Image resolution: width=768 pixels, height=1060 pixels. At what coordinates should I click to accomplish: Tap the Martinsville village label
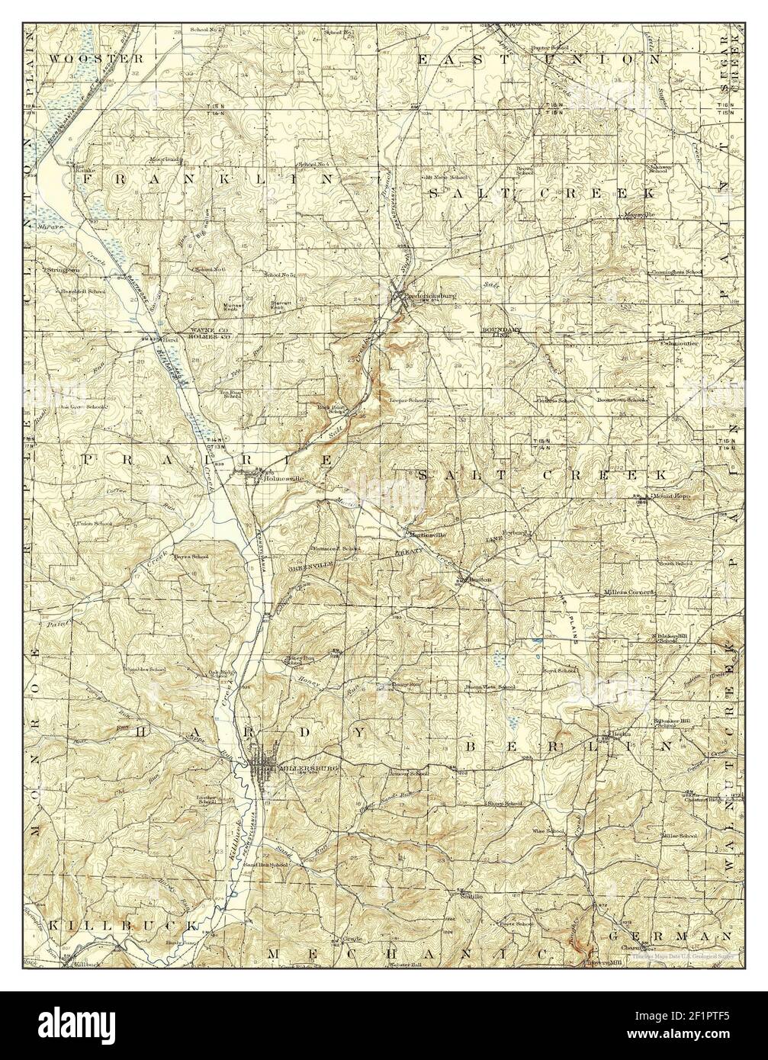tap(426, 534)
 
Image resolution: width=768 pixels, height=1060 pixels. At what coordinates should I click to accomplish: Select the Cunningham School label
tap(676, 271)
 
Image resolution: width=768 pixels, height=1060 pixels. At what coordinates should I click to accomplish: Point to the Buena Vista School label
tap(490, 687)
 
